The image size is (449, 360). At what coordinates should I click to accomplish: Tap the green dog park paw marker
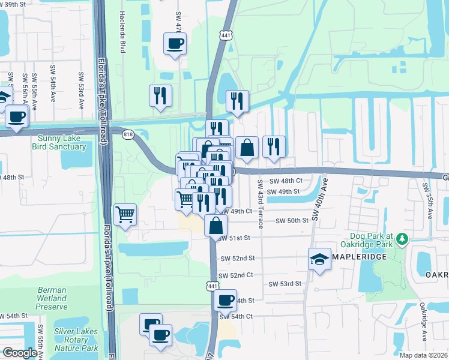coord(402,240)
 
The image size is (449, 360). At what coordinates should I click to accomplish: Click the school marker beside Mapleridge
coord(320,259)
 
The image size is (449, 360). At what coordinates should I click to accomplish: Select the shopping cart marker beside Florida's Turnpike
coord(125,214)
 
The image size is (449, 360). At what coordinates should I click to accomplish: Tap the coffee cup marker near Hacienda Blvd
coord(175,43)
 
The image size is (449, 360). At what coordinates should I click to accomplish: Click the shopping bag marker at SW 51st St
coord(215,226)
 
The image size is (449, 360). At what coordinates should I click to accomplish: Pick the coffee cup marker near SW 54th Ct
coord(225,299)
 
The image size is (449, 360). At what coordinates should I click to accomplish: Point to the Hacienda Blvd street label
coord(122,31)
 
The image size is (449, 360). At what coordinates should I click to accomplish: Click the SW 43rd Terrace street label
coord(261,203)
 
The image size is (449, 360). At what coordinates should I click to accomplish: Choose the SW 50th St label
coord(292,221)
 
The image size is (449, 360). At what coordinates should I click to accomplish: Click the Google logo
coord(20,353)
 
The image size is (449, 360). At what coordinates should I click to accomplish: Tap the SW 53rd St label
coord(284,284)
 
